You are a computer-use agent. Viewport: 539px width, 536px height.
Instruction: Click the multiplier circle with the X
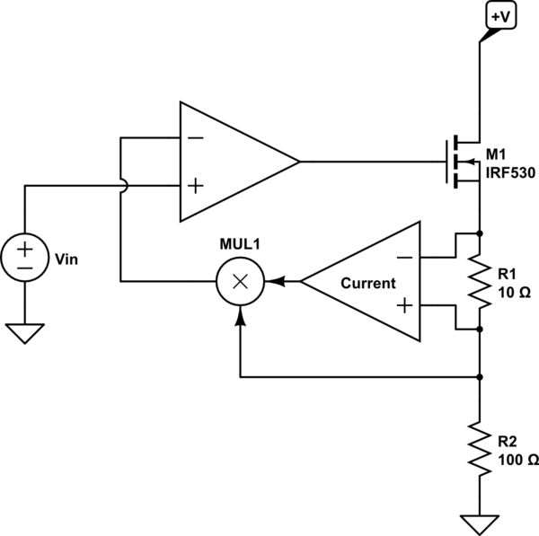click(240, 282)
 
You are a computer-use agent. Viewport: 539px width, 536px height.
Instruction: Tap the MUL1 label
click(240, 245)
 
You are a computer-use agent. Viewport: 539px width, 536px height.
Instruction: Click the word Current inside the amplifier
click(367, 283)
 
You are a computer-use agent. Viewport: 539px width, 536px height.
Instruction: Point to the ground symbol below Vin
click(25, 333)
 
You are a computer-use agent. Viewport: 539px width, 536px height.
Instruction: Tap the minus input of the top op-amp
click(195, 138)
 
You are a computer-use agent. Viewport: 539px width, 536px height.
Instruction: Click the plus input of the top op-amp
click(195, 186)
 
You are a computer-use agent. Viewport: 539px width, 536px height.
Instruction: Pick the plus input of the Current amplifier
click(405, 306)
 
